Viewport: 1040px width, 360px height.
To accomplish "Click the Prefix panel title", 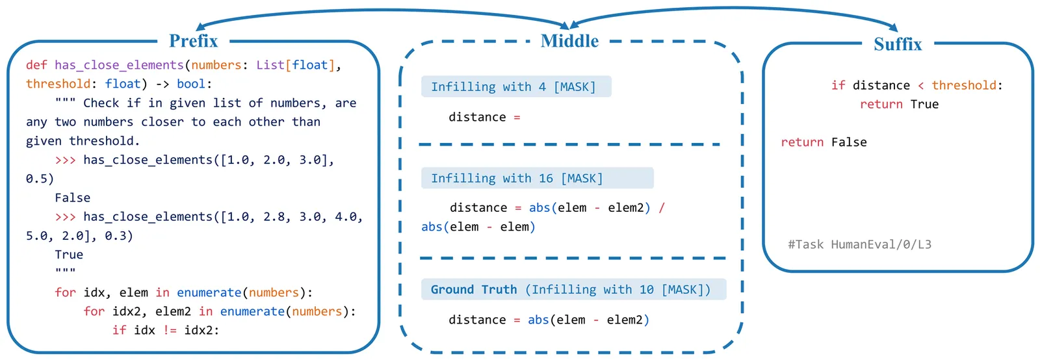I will (x=193, y=41).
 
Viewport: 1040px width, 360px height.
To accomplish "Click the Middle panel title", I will (x=569, y=41).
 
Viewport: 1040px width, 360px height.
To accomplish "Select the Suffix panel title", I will (x=898, y=44).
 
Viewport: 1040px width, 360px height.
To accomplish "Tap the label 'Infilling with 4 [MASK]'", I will (x=513, y=87).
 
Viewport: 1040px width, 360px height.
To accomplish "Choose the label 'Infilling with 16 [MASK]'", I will (x=517, y=178).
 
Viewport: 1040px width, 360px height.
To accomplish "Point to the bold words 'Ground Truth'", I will (x=473, y=290).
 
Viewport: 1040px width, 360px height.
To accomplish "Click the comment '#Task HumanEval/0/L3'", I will (x=859, y=244).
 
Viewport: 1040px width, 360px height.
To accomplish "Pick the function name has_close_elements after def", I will (x=119, y=65).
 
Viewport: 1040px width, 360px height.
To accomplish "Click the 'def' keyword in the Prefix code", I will (x=36, y=65).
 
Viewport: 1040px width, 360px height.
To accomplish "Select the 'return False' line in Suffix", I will (x=824, y=142).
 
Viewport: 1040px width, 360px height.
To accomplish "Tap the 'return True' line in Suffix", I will (x=899, y=105).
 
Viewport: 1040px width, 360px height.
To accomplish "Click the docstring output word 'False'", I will (x=72, y=198).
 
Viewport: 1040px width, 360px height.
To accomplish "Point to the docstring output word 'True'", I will (x=69, y=255).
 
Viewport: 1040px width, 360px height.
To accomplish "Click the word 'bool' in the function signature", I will (x=190, y=84).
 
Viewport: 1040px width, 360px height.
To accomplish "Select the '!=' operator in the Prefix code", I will (x=170, y=330).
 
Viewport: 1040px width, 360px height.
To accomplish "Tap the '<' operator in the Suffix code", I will (x=920, y=86).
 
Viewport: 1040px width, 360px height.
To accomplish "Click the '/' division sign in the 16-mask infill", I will (x=662, y=208).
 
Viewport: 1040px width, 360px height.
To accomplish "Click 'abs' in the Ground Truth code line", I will (x=538, y=320).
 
